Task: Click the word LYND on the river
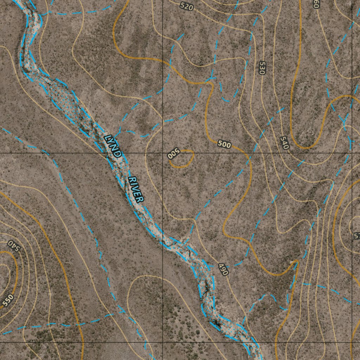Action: [x=114, y=145]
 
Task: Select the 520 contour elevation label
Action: [x=186, y=6]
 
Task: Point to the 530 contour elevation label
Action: [x=262, y=68]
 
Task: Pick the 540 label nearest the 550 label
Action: [x=14, y=245]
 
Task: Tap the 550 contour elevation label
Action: [x=8, y=300]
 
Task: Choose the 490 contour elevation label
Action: [x=223, y=269]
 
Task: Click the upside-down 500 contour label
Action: [x=174, y=154]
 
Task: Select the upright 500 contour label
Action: [x=224, y=144]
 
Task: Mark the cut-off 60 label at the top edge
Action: [x=316, y=4]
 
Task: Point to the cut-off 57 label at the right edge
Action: [x=356, y=236]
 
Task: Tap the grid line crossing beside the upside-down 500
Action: [x=163, y=153]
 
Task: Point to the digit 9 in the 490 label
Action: [x=223, y=269]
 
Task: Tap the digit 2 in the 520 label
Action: [x=186, y=6]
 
